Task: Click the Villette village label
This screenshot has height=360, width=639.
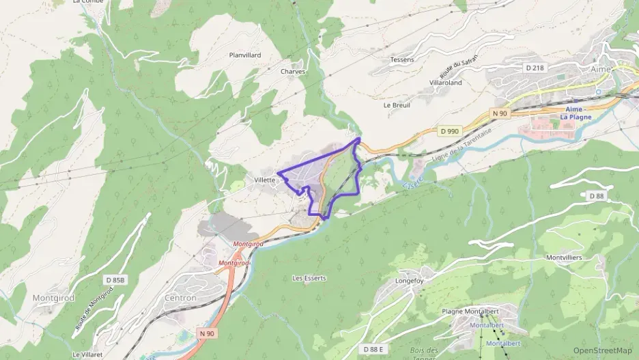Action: click(264, 180)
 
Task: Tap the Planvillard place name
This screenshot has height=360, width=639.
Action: click(246, 55)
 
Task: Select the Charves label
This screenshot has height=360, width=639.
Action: click(293, 71)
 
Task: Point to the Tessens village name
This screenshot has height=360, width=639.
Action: click(401, 59)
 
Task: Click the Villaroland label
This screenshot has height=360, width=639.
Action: click(446, 83)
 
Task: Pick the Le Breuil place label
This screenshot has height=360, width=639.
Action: click(396, 105)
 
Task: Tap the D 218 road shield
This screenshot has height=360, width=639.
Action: click(535, 68)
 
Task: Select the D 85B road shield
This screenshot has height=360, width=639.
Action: click(116, 280)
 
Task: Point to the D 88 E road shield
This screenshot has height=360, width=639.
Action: click(374, 349)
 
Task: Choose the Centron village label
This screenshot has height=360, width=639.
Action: click(180, 298)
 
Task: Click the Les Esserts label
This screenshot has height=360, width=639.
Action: click(309, 278)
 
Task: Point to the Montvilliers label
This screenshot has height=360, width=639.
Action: click(564, 258)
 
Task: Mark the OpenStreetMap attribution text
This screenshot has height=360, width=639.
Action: click(602, 350)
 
